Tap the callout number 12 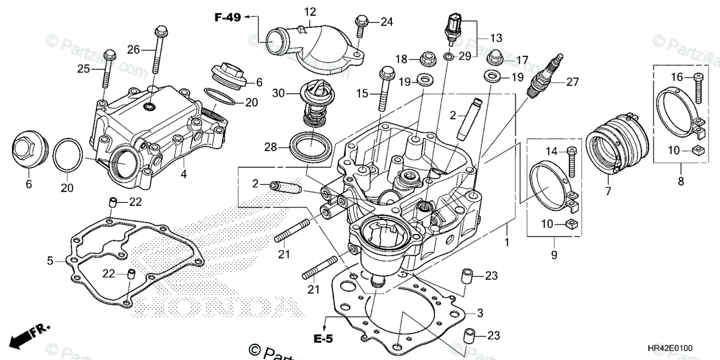[310, 11]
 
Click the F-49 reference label [227, 17]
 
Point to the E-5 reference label [323, 340]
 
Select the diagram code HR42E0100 [681, 347]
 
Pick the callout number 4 [184, 175]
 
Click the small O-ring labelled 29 [448, 56]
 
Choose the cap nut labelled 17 [494, 59]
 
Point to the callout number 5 [50, 261]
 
